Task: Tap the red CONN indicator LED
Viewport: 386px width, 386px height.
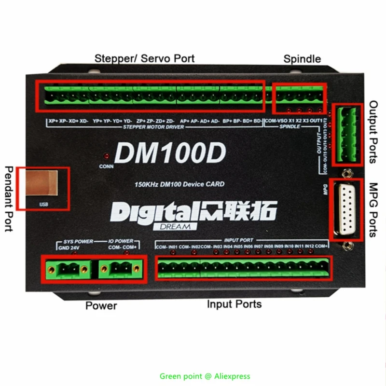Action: [x=106, y=157]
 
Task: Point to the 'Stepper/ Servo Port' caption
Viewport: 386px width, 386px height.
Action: [x=144, y=58]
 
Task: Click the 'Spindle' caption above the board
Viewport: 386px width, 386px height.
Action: [x=302, y=59]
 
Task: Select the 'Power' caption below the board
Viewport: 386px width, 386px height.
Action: [x=101, y=305]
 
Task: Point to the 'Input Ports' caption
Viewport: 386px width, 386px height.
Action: [x=234, y=304]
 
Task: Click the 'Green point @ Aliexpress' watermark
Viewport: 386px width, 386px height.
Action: [x=205, y=376]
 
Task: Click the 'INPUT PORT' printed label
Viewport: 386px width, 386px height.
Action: [x=238, y=240]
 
